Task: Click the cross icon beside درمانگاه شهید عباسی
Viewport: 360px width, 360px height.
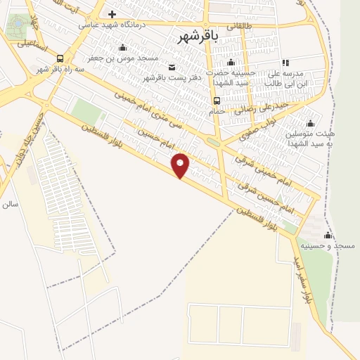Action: coord(112,14)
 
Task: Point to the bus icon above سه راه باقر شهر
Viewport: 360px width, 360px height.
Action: coord(60,59)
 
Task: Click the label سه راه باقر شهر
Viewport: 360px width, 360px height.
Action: coord(60,70)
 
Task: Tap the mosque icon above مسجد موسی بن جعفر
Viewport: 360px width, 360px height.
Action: coord(124,47)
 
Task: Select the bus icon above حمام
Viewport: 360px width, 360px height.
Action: coord(217,101)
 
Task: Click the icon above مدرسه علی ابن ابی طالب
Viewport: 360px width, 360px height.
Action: coord(285,63)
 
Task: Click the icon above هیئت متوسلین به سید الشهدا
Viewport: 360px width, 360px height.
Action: coord(310,123)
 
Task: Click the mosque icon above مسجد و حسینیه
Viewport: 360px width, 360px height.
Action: coord(328,236)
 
